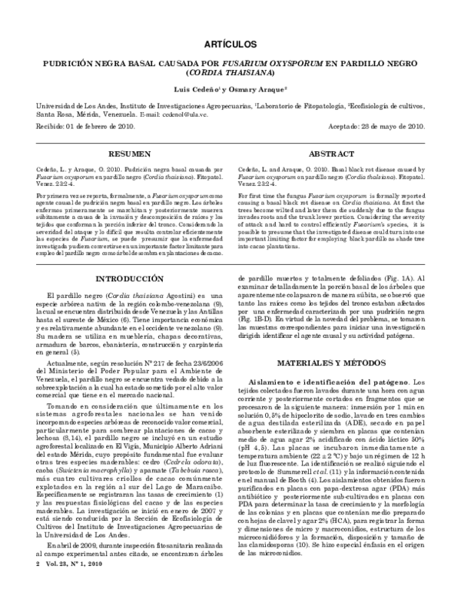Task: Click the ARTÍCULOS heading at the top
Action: pos(230,45)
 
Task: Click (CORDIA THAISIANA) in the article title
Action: pos(230,73)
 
